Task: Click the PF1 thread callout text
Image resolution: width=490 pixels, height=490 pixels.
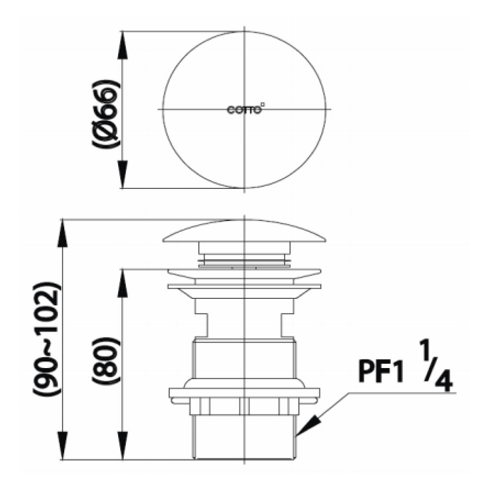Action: (x=381, y=372)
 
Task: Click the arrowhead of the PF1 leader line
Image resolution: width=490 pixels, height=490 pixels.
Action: (x=303, y=430)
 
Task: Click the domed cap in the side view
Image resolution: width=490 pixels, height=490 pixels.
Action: (x=244, y=232)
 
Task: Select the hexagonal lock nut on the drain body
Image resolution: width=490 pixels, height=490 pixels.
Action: (x=244, y=406)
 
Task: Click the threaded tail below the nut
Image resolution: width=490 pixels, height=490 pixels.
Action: (x=244, y=438)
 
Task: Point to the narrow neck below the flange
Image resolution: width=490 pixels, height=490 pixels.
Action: (x=244, y=321)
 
